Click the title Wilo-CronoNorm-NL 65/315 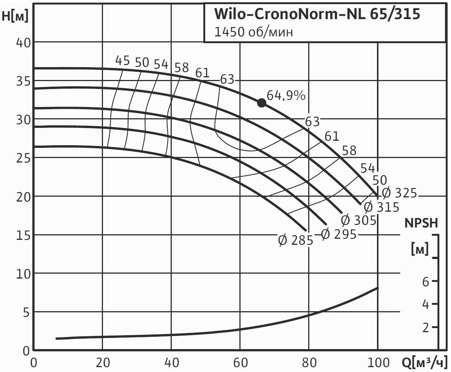(x=317, y=14)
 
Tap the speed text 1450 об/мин (x=253, y=32)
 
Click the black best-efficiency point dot (x=262, y=103)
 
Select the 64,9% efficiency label (x=286, y=95)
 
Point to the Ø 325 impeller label (x=400, y=193)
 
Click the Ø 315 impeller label (x=381, y=207)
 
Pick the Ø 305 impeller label (x=359, y=220)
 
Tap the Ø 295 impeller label (x=339, y=234)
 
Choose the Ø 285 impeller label (x=295, y=240)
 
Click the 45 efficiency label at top (x=122, y=60)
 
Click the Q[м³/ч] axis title (x=425, y=363)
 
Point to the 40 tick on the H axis (x=23, y=42)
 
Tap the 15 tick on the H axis (x=23, y=235)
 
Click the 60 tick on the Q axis (x=240, y=363)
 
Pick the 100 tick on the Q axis (x=378, y=363)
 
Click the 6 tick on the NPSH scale (x=425, y=282)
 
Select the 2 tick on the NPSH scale (x=425, y=328)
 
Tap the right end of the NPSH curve (x=377, y=288)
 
